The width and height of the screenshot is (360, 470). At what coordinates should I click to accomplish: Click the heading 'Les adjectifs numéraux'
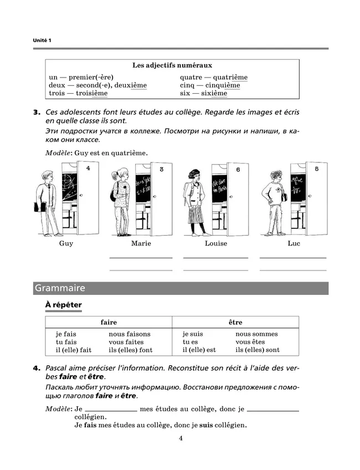[x=172, y=65]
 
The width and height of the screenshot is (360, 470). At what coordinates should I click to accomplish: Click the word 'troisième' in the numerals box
[x=92, y=94]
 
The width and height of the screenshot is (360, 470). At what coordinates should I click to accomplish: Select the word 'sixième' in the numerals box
[x=213, y=94]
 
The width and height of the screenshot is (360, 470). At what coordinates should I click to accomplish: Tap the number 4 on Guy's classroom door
[x=89, y=168]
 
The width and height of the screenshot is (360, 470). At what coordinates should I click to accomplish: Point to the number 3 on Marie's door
[x=161, y=169]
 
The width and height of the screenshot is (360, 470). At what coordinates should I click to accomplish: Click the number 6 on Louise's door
[x=238, y=170]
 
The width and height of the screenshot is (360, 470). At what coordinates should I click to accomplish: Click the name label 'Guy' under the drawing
[x=66, y=243]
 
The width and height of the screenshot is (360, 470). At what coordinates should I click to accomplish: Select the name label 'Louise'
[x=215, y=243]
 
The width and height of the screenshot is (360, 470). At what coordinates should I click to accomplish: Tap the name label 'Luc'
[x=294, y=243]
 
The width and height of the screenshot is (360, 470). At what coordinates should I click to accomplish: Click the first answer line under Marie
[x=141, y=257]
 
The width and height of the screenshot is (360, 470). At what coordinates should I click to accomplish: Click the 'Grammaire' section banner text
[x=60, y=288]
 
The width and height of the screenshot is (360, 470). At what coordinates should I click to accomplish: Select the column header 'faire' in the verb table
[x=109, y=322]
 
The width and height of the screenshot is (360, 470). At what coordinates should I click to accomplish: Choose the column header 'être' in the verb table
[x=235, y=322]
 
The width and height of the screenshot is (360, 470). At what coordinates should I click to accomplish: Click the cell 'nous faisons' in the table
[x=130, y=334]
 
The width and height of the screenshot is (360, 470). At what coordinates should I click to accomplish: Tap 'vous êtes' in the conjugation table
[x=250, y=342]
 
